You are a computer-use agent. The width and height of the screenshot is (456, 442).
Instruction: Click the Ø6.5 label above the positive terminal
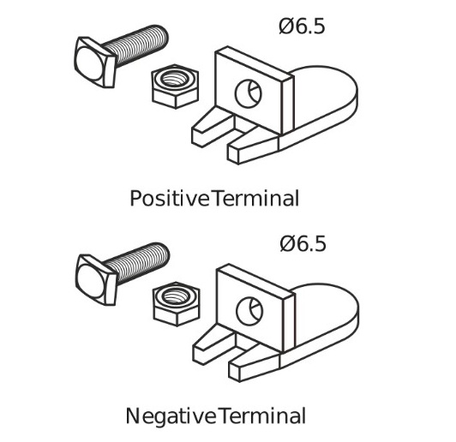coord(302,27)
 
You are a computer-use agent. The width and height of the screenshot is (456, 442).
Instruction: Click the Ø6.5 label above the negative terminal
coord(303,243)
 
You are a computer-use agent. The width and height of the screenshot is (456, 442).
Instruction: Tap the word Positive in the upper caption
coord(170,198)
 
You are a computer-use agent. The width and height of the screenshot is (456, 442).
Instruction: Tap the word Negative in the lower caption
coord(171,415)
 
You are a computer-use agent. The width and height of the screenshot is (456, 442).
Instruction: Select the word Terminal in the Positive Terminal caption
coord(255,198)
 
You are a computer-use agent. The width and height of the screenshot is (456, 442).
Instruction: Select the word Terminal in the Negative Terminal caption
coord(261,415)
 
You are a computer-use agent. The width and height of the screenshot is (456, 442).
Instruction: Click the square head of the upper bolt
coord(95,62)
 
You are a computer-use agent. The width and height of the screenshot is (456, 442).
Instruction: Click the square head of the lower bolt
coord(96,279)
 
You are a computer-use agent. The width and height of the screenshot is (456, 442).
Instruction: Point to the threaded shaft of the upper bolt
coord(136,45)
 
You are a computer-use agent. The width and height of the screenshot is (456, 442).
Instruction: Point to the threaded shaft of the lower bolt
coord(137,262)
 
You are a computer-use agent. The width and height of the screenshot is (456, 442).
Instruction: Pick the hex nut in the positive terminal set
coord(176,87)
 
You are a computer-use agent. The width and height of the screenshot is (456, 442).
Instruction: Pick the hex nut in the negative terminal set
coord(177,304)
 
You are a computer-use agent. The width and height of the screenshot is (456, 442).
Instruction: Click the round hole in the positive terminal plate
coord(249,94)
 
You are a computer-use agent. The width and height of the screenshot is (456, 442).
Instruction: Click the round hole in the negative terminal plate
coord(249,311)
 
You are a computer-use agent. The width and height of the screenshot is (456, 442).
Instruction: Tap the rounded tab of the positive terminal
coord(326,96)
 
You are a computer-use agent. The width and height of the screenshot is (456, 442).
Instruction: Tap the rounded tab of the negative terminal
coord(327,314)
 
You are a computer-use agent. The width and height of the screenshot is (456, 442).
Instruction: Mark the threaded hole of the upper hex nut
coord(174,79)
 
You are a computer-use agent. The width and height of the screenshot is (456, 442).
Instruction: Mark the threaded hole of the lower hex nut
coord(176,296)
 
